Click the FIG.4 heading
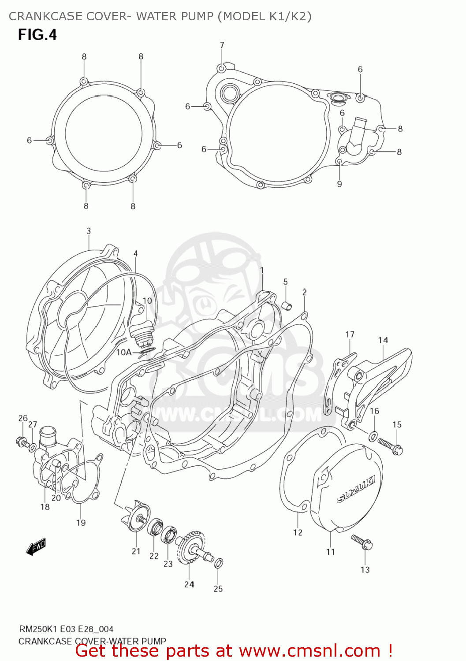[37, 34]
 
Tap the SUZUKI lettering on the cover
[356, 489]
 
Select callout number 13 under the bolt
[365, 570]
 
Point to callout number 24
[189, 584]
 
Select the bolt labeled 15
[391, 445]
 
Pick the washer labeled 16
[373, 436]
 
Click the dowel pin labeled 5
[286, 305]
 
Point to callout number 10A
[124, 352]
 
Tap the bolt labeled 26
[21, 440]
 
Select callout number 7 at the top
[222, 45]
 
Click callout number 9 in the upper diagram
[339, 184]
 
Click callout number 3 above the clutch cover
[89, 231]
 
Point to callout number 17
[350, 334]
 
